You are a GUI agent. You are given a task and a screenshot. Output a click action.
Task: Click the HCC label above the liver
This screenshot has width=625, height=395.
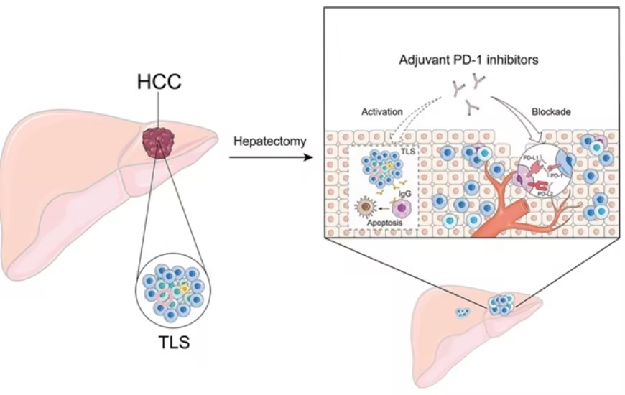(x=159, y=82)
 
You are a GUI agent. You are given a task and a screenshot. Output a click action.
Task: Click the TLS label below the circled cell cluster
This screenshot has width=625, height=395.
(x=174, y=342)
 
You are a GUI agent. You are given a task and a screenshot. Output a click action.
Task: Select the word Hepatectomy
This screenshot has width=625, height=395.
(x=270, y=141)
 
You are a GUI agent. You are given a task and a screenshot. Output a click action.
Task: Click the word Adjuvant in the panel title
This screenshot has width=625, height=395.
(x=424, y=60)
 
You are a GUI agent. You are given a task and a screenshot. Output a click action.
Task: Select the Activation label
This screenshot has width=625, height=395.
(x=382, y=111)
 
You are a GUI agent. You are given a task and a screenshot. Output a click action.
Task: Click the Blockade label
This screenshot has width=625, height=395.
(x=551, y=111)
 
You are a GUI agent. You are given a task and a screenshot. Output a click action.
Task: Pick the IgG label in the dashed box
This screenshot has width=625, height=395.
(x=404, y=194)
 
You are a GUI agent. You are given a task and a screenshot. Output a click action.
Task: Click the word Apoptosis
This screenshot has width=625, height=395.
(x=384, y=223)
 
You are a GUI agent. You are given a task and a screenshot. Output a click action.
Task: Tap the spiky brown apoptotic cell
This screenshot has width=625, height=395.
(x=366, y=207)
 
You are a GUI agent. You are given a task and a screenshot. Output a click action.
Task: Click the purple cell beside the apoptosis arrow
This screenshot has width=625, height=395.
(x=402, y=208)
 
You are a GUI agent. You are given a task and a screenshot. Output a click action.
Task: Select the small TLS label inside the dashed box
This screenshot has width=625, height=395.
(x=408, y=152)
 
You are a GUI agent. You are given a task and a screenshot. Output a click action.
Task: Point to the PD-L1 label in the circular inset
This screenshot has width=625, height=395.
(x=531, y=158)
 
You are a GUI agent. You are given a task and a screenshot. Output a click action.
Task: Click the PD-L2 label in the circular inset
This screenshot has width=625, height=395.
(x=545, y=194)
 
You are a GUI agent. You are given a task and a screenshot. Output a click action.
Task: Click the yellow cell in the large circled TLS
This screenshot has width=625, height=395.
(x=185, y=288)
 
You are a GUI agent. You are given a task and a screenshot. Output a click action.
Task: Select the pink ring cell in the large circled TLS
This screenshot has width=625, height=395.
(x=165, y=297)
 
